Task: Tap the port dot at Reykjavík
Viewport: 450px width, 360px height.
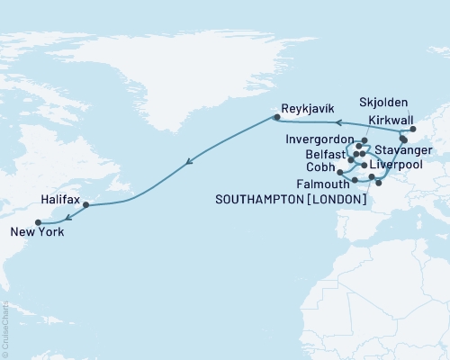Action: tap(276, 116)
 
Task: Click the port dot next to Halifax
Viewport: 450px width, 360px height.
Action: tap(85, 205)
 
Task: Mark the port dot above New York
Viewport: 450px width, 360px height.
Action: tap(38, 222)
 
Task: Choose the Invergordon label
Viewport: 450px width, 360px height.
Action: tap(320, 141)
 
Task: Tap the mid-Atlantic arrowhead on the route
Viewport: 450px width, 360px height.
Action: tap(188, 163)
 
